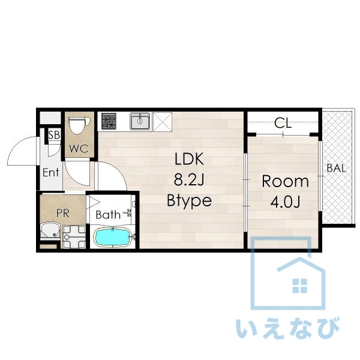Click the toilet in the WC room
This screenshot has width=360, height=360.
point(79,125)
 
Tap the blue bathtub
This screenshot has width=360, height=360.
point(112,238)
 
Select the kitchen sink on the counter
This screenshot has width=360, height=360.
point(140,121)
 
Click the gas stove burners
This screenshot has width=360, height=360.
point(109,121)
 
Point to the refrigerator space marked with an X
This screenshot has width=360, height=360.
point(163,122)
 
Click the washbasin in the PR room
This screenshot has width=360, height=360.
point(50,230)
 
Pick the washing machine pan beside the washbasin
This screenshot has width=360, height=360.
point(74,237)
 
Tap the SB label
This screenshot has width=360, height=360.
point(54,135)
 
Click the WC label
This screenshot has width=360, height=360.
point(79,149)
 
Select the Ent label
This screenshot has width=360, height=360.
point(51,172)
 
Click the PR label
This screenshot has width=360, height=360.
point(63,213)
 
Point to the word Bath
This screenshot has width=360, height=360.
point(108,215)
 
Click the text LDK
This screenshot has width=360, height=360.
point(189,159)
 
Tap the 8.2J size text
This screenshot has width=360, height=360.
point(189,179)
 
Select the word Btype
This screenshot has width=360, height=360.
point(189,200)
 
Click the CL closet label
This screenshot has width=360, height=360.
point(283,123)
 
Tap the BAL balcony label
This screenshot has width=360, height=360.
point(337,168)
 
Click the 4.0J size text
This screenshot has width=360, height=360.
point(285,202)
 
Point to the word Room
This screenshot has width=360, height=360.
point(285,181)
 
